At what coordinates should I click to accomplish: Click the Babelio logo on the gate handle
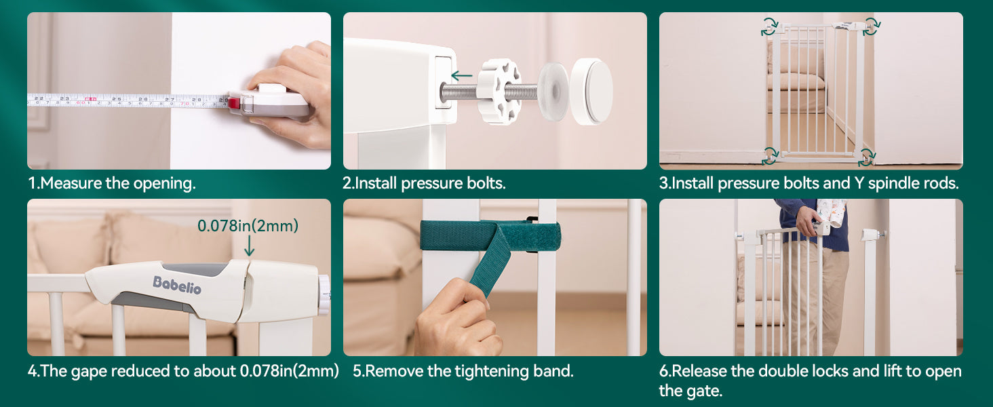[x=177, y=285]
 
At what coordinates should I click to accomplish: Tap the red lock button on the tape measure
[x=234, y=103]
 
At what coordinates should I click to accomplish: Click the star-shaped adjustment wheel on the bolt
[x=500, y=91]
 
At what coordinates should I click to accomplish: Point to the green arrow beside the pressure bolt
[x=461, y=76]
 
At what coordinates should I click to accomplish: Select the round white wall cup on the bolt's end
[x=591, y=91]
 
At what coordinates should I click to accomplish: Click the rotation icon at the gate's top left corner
[x=770, y=26]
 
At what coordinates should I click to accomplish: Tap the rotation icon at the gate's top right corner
[x=872, y=26]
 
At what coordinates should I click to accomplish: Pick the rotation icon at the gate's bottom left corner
[x=770, y=156]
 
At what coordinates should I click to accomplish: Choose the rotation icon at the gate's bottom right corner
[x=867, y=157]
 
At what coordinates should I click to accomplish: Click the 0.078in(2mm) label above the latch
[x=248, y=226]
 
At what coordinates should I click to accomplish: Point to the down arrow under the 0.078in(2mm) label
[x=250, y=246]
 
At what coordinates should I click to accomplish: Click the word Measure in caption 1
[x=72, y=183]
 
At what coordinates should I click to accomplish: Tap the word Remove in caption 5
[x=393, y=371]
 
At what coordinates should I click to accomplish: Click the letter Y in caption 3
[x=859, y=183]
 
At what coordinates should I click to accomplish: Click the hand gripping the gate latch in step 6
[x=809, y=220]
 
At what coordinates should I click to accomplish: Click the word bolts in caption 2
[x=486, y=183]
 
